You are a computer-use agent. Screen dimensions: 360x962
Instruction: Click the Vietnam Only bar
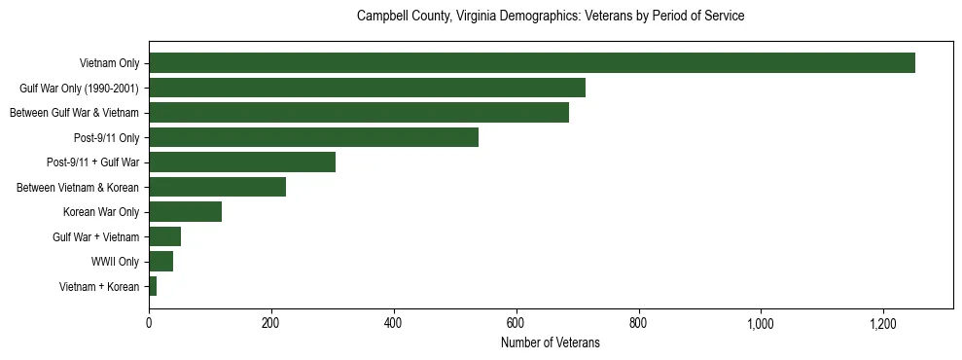pos(531,63)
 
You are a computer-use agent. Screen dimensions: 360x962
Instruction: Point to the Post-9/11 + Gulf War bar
pos(242,162)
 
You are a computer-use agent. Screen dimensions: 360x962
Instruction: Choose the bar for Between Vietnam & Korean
pos(217,187)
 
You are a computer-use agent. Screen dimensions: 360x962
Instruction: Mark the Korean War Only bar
pos(185,211)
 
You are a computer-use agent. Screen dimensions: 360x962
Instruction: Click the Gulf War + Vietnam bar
pos(164,236)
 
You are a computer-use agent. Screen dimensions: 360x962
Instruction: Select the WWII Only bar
pos(160,261)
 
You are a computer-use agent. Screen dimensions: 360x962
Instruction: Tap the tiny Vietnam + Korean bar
pos(153,286)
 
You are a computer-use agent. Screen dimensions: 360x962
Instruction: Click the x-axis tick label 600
pos(516,323)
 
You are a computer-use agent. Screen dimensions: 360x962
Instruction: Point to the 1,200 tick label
pos(882,323)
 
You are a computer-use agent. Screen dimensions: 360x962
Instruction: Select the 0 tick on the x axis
pos(149,323)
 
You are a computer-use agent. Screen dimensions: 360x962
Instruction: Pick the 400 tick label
pos(393,323)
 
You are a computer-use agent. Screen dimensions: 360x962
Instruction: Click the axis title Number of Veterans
pos(550,343)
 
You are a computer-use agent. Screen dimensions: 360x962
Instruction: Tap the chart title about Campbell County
pos(550,17)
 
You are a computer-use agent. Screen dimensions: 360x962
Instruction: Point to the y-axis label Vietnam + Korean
pos(99,286)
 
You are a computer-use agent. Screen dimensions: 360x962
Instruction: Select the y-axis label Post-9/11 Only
pos(107,137)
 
